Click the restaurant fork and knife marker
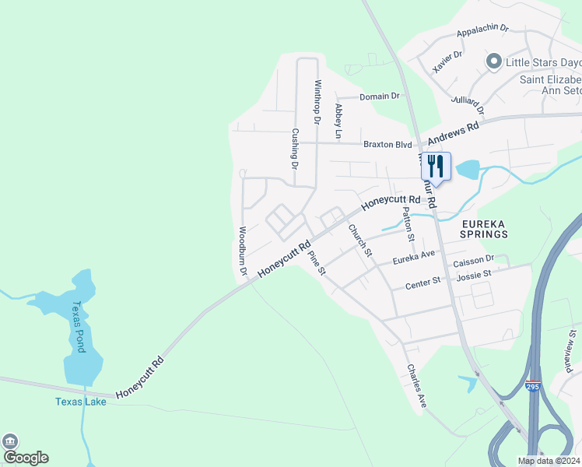(436, 167)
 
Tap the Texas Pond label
(79, 327)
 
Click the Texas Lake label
(80, 402)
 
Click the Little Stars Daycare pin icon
(493, 61)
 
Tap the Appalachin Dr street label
(482, 30)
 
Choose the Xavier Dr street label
(447, 60)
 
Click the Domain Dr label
(379, 97)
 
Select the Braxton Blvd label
(387, 144)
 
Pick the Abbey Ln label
(338, 121)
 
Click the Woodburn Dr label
(243, 251)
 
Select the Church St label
(360, 241)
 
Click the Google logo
(25, 456)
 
